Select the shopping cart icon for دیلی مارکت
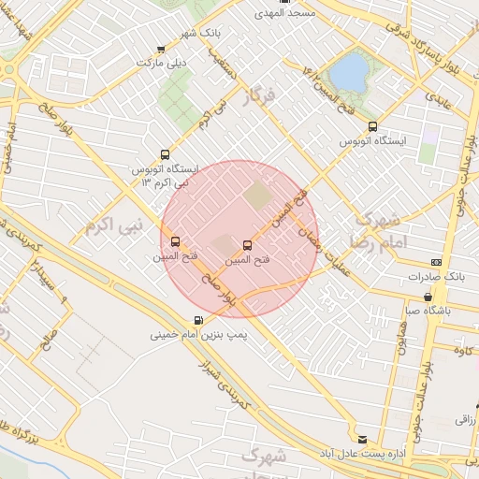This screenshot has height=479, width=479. pyautogui.click(x=161, y=49)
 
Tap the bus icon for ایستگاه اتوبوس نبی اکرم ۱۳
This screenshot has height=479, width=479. pyautogui.click(x=166, y=154)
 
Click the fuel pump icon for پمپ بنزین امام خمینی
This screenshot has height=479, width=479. pyautogui.click(x=196, y=319)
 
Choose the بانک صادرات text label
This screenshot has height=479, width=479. pyautogui.click(x=436, y=278)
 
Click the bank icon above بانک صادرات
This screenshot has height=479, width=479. pyautogui.click(x=436, y=263)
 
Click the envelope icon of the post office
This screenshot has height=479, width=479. pyautogui.click(x=362, y=438)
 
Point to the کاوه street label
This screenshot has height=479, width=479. pyautogui.click(x=458, y=351)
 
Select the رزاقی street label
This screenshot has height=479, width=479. pyautogui.click(x=465, y=422)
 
